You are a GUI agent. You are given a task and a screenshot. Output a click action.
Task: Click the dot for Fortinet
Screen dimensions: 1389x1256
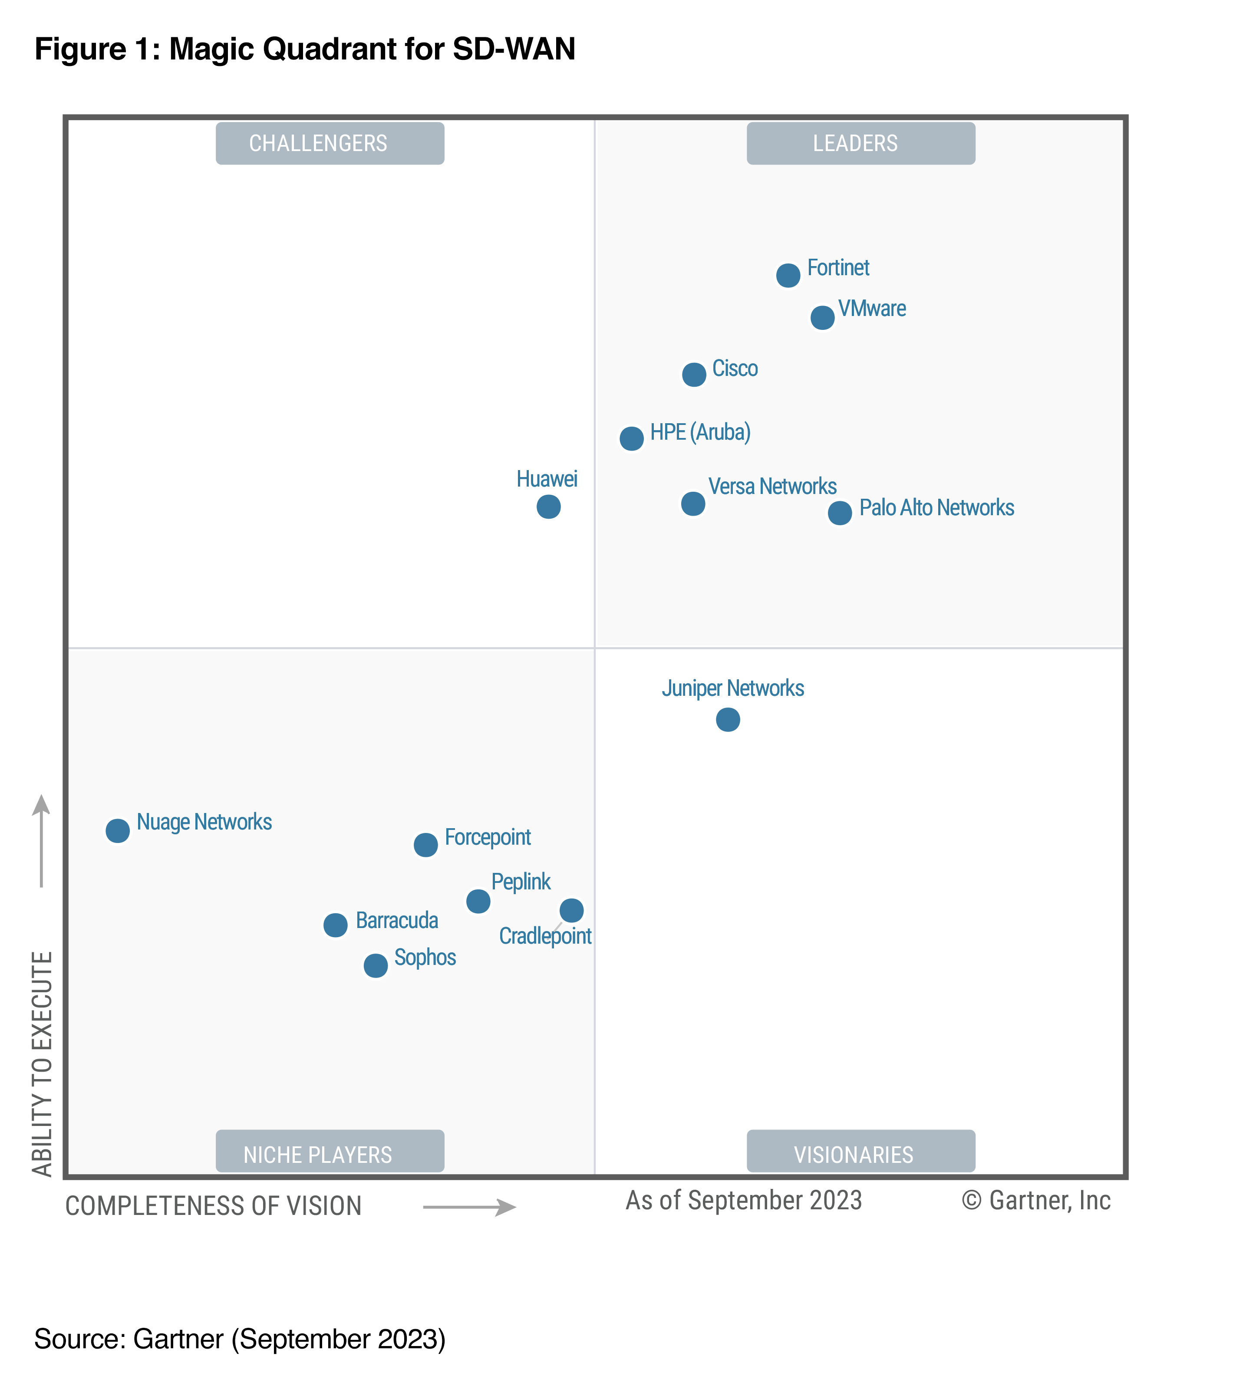click(788, 276)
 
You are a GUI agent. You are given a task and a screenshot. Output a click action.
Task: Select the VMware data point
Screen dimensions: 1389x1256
click(822, 318)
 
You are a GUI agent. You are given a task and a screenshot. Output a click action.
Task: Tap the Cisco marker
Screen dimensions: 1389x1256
click(694, 375)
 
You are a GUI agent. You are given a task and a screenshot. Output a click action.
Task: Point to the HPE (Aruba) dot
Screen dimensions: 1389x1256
click(631, 438)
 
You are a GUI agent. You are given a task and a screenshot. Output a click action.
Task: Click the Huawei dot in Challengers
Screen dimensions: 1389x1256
click(548, 507)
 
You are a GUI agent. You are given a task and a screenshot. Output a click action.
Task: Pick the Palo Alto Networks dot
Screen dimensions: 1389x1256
click(839, 513)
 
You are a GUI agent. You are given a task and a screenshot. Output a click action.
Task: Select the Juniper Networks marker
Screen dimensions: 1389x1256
click(728, 720)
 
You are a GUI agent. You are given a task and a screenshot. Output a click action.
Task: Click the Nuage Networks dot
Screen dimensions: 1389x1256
click(118, 830)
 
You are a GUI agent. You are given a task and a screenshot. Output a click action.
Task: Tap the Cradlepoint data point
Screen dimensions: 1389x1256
click(571, 910)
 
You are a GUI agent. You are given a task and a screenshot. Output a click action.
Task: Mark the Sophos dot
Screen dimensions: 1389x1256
click(376, 965)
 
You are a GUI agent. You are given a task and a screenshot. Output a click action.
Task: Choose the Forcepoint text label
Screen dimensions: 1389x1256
click(487, 837)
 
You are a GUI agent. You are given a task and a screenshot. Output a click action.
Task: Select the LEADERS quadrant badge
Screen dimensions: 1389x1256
click(860, 143)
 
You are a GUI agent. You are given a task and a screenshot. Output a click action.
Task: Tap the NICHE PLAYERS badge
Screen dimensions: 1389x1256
click(330, 1154)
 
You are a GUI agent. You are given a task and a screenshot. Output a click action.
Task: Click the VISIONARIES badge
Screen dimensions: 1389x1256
click(860, 1154)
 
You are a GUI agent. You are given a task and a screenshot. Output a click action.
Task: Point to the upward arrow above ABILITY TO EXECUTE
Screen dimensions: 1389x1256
click(41, 841)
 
